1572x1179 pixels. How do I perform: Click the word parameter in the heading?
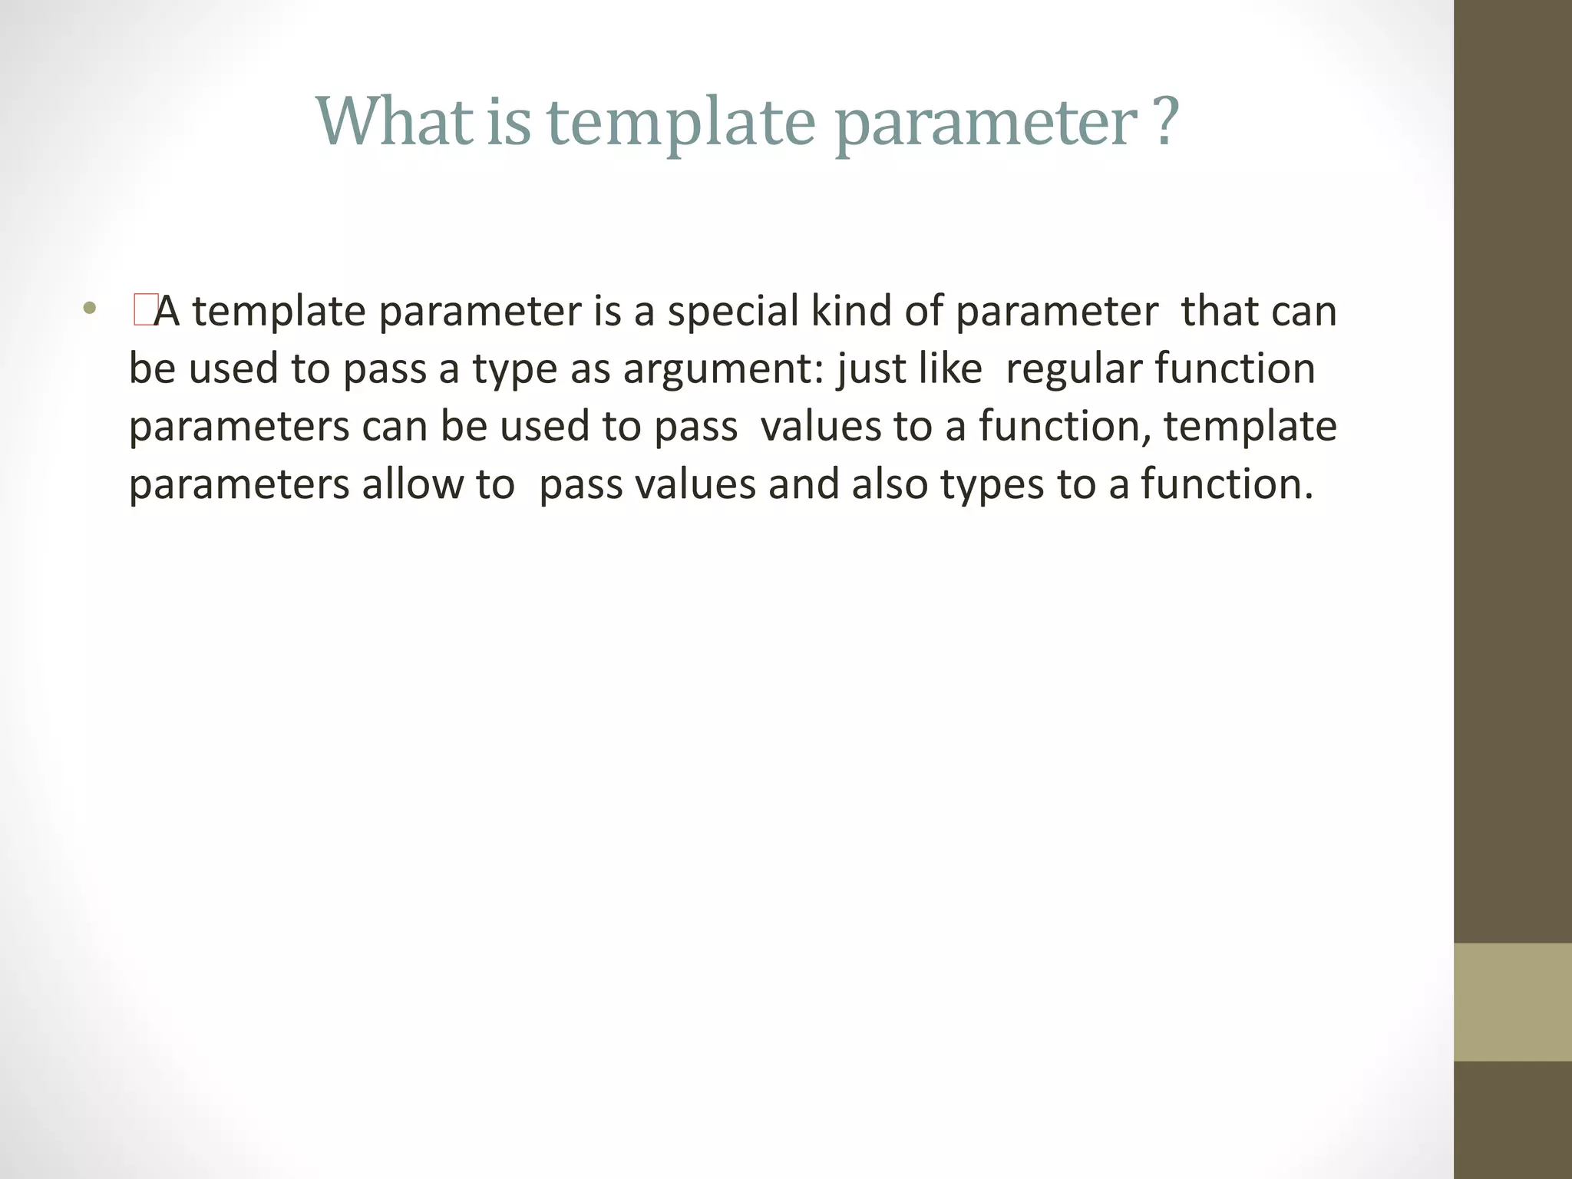(986, 124)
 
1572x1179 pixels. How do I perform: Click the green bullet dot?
(91, 310)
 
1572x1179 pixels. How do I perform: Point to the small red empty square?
(144, 311)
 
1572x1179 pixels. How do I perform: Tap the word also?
(890, 484)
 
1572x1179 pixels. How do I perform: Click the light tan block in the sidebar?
(1513, 1002)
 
